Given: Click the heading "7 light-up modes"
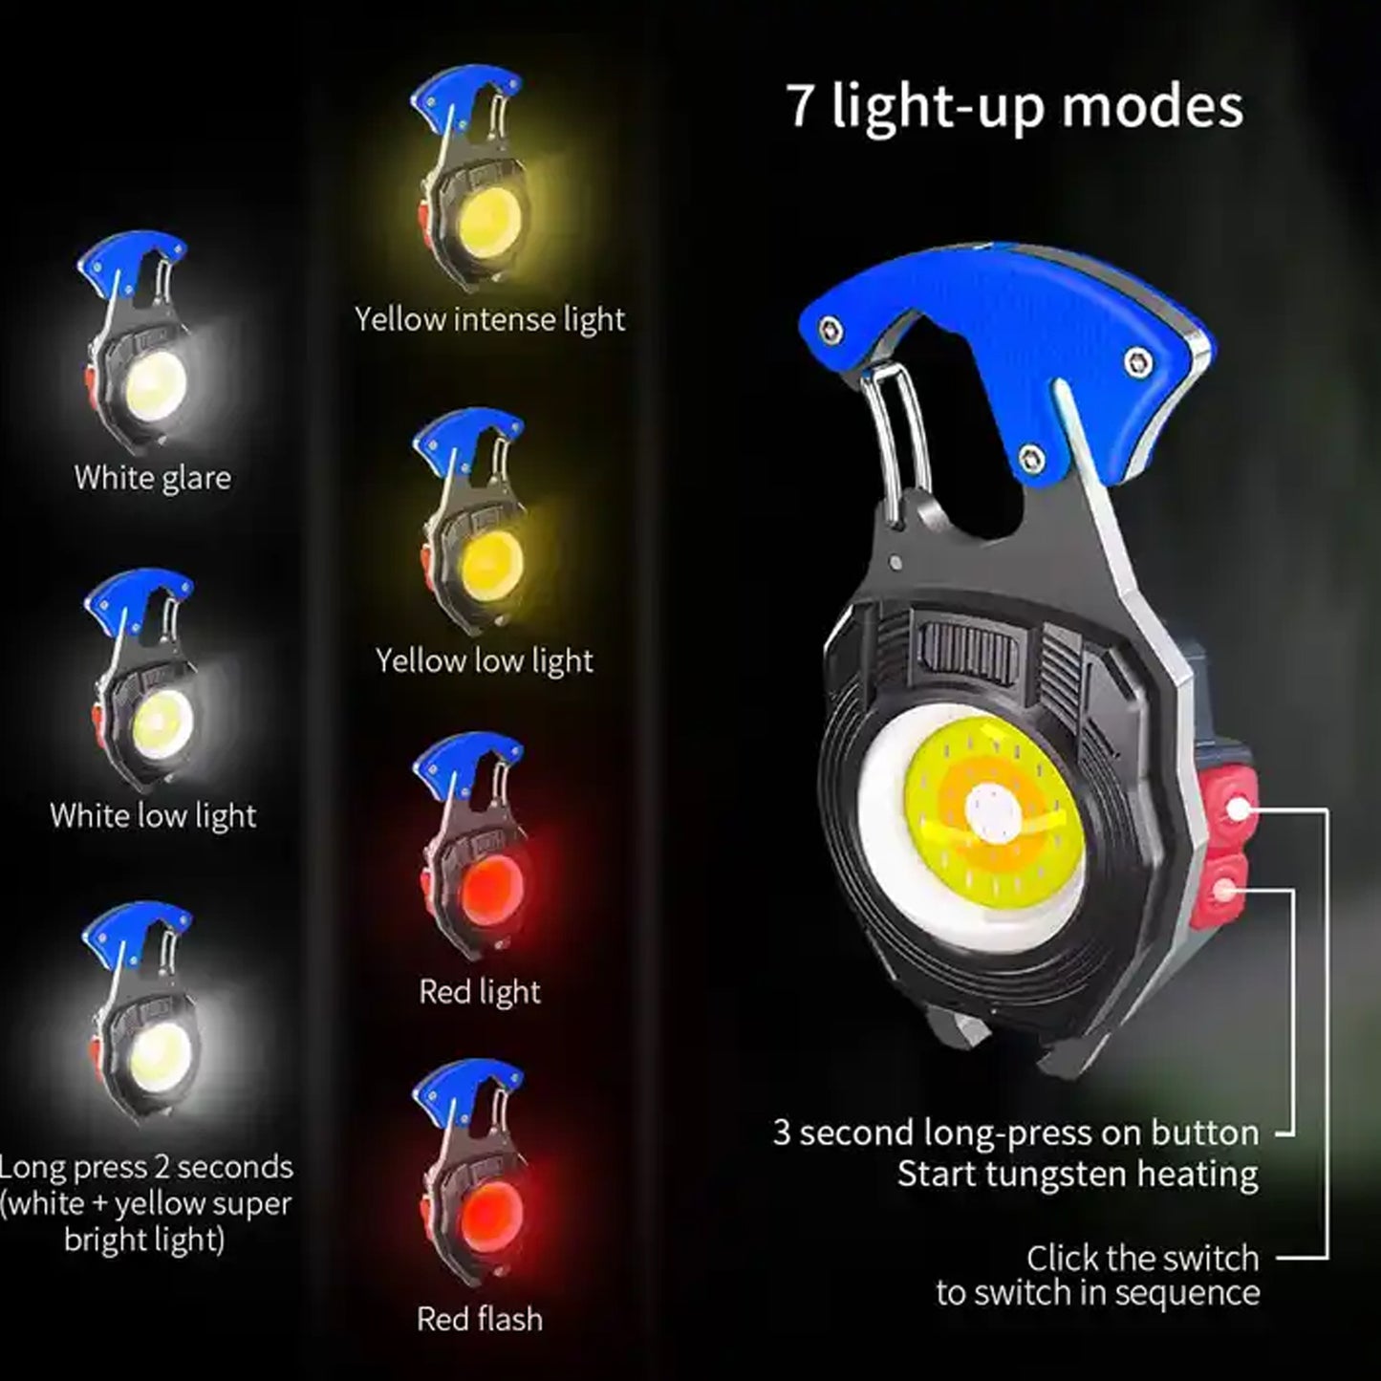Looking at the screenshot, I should [x=1015, y=105].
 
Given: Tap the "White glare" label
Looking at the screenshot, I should [x=153, y=477].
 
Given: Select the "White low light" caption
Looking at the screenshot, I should [x=153, y=815].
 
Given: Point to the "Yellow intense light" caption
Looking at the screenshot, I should [x=489, y=318].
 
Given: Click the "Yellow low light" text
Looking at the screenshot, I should [x=484, y=660].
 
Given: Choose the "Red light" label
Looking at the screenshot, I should [x=480, y=991].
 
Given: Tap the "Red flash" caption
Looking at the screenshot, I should [x=480, y=1319].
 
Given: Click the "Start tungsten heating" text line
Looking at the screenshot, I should [x=1077, y=1174].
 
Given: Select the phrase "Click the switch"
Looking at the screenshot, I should [x=1142, y=1258].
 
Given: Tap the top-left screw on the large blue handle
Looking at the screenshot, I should [x=828, y=330].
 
